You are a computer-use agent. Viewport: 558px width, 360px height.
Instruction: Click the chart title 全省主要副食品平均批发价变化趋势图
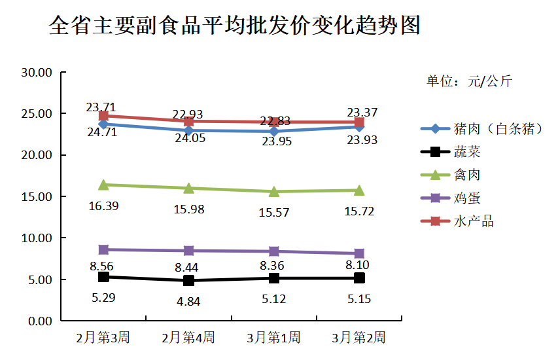coord(234,27)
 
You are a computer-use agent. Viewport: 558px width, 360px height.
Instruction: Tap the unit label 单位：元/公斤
coord(469,81)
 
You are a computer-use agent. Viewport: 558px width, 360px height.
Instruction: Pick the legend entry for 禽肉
coord(467,175)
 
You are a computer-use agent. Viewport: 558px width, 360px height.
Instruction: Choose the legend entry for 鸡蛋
coord(467,198)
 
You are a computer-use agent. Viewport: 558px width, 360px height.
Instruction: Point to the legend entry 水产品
coord(473,221)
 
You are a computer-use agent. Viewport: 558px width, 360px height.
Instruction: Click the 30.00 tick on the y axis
coord(37,72)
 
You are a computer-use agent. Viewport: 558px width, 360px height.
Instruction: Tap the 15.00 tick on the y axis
coord(37,196)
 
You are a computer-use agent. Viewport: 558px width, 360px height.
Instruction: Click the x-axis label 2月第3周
coord(103,338)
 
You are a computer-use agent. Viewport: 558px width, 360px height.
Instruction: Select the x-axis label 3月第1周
coord(273,338)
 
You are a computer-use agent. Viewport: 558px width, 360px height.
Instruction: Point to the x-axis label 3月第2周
coord(358,338)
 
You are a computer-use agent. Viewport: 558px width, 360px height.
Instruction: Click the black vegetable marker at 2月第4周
coord(188,280)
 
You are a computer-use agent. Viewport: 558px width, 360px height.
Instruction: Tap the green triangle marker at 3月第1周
coord(273,191)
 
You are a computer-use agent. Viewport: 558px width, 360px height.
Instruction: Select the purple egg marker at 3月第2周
coord(358,253)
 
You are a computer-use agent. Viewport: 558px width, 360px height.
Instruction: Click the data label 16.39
coord(103,206)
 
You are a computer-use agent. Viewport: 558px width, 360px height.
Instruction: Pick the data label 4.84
coord(188,302)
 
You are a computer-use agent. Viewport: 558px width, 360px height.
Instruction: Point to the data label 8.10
coord(358,266)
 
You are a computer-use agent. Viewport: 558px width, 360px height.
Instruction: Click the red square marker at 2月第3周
coord(103,116)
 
